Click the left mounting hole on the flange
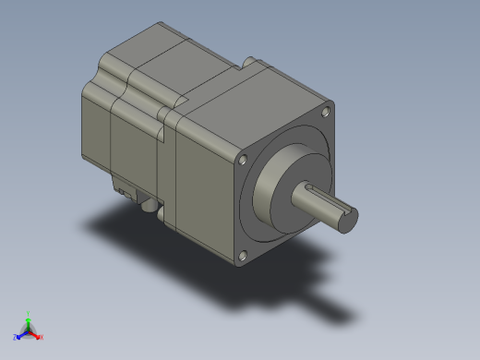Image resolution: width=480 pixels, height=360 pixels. click(x=242, y=160)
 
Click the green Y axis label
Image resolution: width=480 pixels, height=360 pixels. click(x=29, y=313)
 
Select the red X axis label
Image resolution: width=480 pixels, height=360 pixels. click(x=42, y=337)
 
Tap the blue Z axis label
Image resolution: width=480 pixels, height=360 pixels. click(x=15, y=337)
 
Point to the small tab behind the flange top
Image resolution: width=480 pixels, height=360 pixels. click(x=248, y=62)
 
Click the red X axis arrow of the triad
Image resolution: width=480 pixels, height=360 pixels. click(x=35, y=334)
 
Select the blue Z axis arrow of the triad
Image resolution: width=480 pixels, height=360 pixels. click(x=21, y=334)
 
